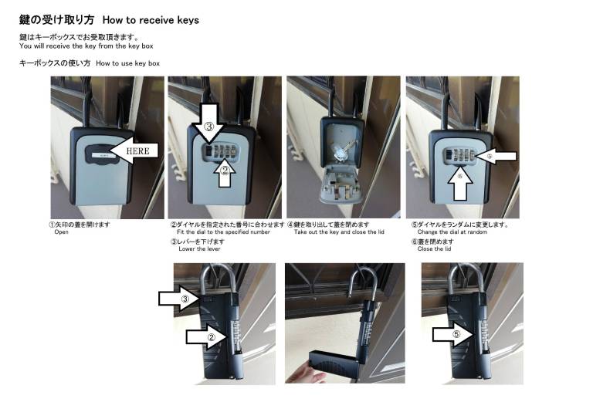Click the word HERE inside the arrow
137,151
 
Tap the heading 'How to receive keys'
151,20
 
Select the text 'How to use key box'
128,63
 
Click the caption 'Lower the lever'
199,249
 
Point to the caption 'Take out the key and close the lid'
339,232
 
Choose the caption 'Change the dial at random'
452,232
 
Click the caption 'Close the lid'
434,249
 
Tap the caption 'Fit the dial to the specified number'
223,232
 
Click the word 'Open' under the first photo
61,232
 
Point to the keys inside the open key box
342,150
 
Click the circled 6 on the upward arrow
460,176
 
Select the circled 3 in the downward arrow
209,127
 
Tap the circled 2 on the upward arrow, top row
225,171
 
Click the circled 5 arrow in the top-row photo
496,156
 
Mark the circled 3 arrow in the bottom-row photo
178,299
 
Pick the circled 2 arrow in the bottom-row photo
206,336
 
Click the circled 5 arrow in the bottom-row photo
452,334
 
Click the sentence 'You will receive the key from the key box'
86,46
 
